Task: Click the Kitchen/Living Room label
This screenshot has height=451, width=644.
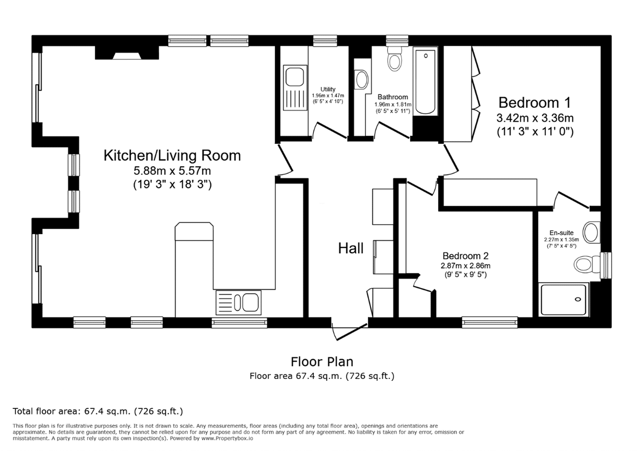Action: pos(172,156)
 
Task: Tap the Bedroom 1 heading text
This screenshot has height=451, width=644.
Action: pos(535,103)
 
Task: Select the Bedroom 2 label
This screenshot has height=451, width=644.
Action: pos(466,256)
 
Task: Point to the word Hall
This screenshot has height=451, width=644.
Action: pos(351,248)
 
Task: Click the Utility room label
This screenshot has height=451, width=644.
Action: pos(328,89)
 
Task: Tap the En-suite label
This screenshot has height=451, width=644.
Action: pos(561,233)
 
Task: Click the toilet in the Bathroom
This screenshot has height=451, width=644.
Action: pos(395,59)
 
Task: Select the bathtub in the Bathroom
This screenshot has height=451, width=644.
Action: pos(425,81)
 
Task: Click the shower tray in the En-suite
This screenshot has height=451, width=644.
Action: pos(564,300)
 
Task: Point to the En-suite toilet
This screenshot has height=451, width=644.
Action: pos(587,265)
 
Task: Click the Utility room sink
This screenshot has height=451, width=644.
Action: pos(295,88)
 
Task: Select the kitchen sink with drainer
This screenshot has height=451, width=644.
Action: pos(238,302)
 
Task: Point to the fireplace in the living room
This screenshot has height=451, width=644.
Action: pos(127,53)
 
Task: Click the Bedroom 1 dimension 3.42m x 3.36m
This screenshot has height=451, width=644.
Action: pos(535,118)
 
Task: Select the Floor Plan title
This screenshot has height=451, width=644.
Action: pos(322,362)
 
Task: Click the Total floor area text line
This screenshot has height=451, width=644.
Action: pos(98,411)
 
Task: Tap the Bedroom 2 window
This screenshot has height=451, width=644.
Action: pos(489,322)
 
